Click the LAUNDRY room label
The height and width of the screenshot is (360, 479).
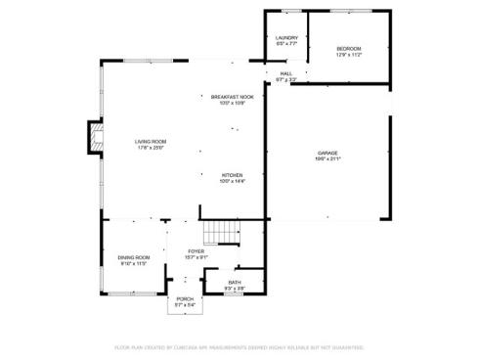(x=286, y=38)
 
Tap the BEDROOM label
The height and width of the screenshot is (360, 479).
(x=349, y=48)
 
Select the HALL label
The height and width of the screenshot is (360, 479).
(x=286, y=73)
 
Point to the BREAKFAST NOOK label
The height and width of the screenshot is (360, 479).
(x=233, y=97)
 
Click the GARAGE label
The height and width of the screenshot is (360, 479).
(x=327, y=153)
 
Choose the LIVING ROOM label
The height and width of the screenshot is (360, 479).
(x=151, y=142)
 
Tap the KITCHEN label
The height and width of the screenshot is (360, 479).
(x=232, y=175)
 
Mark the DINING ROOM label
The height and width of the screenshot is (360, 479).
(x=134, y=257)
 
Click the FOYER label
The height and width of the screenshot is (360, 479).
(x=196, y=251)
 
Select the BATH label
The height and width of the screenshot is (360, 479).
(x=235, y=283)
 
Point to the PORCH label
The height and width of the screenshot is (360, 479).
(x=185, y=298)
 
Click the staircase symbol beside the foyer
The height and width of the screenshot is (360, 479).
(x=221, y=233)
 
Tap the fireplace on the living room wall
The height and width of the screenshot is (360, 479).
(x=95, y=138)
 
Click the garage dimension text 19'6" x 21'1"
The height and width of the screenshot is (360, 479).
(x=327, y=159)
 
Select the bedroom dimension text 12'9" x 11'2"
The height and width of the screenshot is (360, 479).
(x=349, y=55)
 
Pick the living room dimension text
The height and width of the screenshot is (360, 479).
(x=151, y=149)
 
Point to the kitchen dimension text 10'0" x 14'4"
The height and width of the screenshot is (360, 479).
(x=232, y=182)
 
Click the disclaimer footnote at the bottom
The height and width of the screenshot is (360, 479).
(x=239, y=346)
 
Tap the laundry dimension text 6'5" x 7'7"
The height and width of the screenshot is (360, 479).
(x=286, y=44)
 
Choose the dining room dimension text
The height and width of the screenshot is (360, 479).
(x=134, y=264)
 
